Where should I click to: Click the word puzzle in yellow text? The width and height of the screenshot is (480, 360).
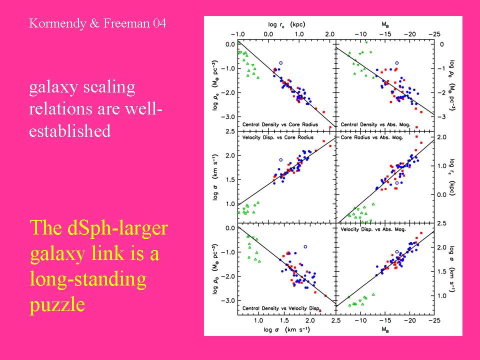[x=57, y=304]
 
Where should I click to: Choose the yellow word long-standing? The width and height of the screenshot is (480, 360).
[x=88, y=279]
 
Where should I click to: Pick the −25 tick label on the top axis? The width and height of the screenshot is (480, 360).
[x=435, y=33]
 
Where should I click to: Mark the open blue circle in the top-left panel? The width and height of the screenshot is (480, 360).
[x=281, y=63]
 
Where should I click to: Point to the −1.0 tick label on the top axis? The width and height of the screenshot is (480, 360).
[x=239, y=33]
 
